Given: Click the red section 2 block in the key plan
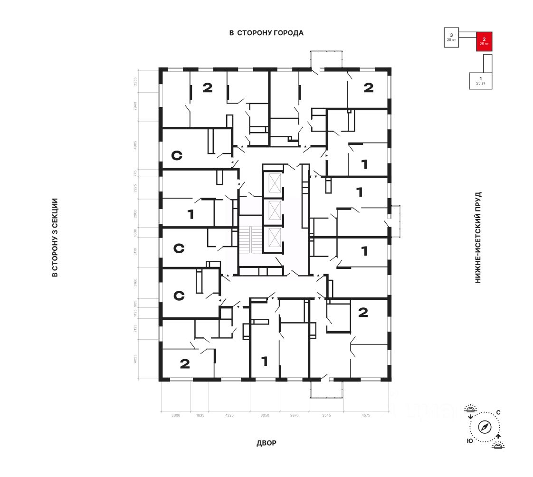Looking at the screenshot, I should [x=484, y=41].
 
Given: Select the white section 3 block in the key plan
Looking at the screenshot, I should [x=451, y=37].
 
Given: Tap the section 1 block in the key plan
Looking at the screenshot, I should [x=480, y=80].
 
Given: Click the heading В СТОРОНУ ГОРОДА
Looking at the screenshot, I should [x=266, y=33].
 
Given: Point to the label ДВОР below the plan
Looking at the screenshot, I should [x=266, y=443].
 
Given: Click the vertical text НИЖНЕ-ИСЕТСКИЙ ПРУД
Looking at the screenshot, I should [x=478, y=238].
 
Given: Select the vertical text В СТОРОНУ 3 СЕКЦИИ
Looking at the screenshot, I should [x=55, y=238].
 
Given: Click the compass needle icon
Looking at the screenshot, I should [x=485, y=427].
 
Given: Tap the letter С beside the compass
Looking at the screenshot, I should [x=498, y=412].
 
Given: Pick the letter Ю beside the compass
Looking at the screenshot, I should [x=469, y=441].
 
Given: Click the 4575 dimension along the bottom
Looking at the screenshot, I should [x=366, y=415].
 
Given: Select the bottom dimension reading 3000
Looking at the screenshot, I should [x=176, y=415].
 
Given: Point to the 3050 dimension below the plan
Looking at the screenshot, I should [x=265, y=415].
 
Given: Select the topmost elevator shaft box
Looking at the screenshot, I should [x=274, y=183].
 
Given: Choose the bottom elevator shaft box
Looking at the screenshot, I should [x=274, y=236].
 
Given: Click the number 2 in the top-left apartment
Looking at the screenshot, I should [x=207, y=87].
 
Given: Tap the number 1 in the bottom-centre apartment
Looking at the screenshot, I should [x=264, y=362].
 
